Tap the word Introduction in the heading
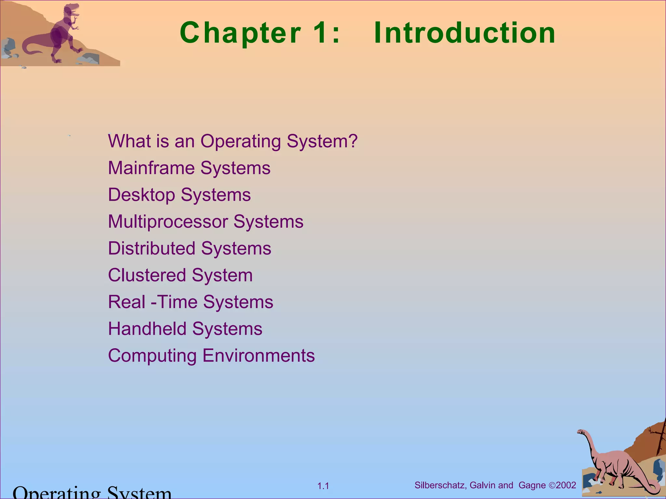(x=464, y=32)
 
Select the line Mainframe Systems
(x=189, y=168)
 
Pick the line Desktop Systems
(x=179, y=195)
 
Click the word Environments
(x=259, y=355)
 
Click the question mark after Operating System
(x=353, y=141)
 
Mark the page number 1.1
(x=323, y=486)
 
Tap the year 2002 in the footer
(x=566, y=485)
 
